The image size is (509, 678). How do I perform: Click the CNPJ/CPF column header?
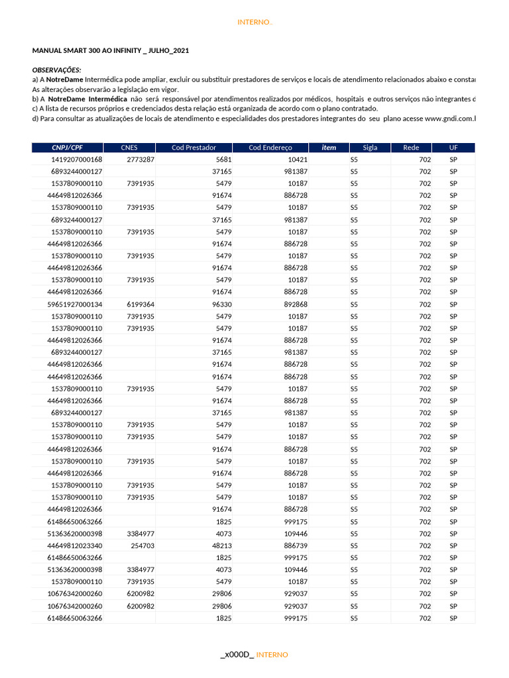coord(67,148)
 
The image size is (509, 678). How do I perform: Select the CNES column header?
coord(129,148)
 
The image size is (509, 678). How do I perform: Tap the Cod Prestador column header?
coord(194,148)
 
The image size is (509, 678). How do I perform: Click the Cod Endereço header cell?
coord(270,148)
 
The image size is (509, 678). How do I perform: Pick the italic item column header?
coord(329,148)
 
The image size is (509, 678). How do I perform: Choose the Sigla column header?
coord(370,148)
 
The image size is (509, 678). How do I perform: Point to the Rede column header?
coord(411,148)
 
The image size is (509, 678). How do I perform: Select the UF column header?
coord(453,148)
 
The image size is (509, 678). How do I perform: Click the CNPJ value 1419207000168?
coord(77,160)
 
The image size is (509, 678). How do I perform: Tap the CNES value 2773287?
coord(141,160)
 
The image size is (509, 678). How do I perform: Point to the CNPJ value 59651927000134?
coord(75,305)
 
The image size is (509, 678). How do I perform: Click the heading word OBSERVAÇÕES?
coord(57,70)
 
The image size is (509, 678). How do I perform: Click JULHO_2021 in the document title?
coord(160,50)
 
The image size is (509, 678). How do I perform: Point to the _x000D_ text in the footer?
coord(237,654)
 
